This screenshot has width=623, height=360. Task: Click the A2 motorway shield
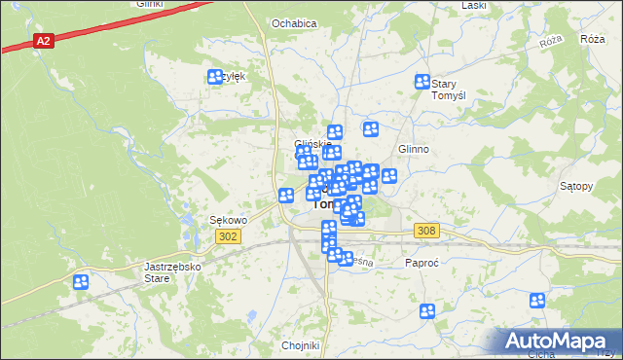(x=43, y=41)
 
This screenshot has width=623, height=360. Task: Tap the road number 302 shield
(x=228, y=236)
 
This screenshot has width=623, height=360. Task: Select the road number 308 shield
(x=426, y=231)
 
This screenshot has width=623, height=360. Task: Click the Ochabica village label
(x=294, y=22)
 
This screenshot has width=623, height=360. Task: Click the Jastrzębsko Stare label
(x=144, y=271)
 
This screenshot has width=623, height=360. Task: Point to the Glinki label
(x=149, y=4)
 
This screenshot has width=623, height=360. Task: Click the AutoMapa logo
(x=557, y=341)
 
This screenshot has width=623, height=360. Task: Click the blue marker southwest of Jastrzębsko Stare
(x=80, y=282)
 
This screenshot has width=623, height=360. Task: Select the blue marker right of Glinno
(x=389, y=176)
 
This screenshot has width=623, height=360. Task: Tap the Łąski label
(x=474, y=5)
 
